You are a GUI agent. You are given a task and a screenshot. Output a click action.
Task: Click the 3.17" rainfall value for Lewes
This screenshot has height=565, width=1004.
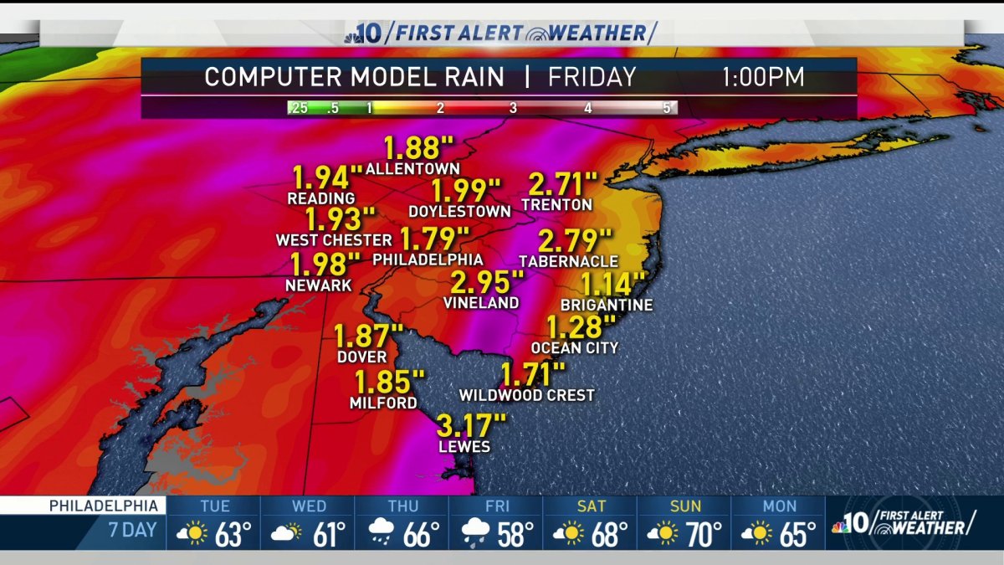[471, 425]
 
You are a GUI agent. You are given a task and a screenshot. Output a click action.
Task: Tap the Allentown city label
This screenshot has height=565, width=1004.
[412, 169]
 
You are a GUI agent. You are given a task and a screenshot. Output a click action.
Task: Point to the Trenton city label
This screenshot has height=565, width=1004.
[556, 204]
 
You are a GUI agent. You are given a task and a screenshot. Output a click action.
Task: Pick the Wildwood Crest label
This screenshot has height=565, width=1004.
[527, 395]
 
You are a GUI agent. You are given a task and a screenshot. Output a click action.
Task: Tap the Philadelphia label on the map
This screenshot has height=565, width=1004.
[428, 260]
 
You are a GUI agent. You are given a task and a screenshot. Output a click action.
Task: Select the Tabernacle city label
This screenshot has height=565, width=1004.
[568, 261]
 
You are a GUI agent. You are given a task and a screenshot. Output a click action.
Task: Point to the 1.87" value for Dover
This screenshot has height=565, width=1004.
[362, 336]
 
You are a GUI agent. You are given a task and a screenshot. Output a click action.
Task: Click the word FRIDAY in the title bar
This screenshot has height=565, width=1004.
[592, 78]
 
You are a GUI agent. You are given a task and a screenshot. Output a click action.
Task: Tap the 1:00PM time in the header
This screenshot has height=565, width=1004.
[763, 78]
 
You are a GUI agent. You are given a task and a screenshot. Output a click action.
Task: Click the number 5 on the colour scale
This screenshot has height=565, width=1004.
[667, 108]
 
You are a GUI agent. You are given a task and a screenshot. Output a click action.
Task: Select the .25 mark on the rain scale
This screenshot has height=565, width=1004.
[298, 108]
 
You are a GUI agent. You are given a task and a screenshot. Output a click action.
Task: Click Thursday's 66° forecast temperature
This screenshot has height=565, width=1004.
[422, 534]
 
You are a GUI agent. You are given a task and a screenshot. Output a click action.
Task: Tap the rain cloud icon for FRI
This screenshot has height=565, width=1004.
[477, 533]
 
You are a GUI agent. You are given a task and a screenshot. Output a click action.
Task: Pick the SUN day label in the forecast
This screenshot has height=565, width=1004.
[684, 506]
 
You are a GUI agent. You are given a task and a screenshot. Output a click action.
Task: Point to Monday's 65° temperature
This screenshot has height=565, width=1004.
[798, 534]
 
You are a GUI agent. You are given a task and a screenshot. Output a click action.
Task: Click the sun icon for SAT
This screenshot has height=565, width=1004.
[571, 533]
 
